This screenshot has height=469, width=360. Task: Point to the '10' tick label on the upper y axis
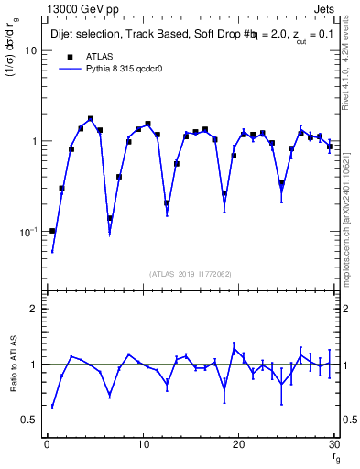(x=30, y=51)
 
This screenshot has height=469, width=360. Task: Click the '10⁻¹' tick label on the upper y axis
(x=27, y=231)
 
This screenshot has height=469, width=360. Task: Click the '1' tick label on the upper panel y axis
(x=34, y=142)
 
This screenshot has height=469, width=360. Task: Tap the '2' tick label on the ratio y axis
(x=34, y=310)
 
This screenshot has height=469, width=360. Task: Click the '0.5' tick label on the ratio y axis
(x=29, y=420)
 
